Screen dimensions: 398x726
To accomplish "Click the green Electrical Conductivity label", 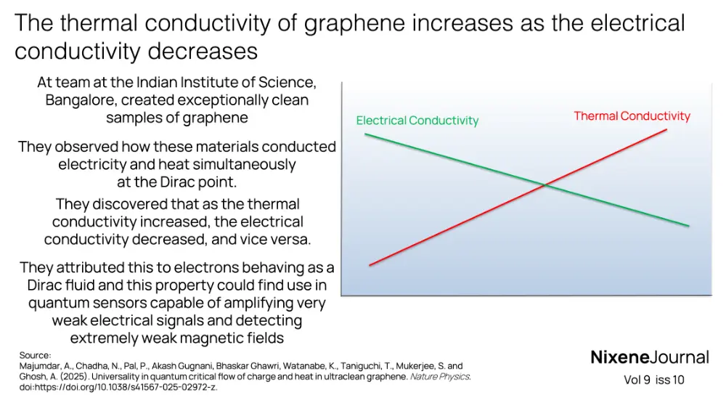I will click(417, 121).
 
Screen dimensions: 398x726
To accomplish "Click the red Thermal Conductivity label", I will click(632, 116).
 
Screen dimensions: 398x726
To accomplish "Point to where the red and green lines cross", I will click(544, 186).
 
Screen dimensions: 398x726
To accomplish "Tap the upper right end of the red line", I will click(666, 130).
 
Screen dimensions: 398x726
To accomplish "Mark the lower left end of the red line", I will click(370, 265).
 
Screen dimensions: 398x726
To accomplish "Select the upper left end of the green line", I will click(365, 135).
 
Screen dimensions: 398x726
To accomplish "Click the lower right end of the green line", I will click(688, 225).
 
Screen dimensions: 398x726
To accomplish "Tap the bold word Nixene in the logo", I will click(617, 357).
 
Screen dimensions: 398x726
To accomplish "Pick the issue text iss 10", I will click(669, 380).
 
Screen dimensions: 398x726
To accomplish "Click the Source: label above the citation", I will click(35, 355).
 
